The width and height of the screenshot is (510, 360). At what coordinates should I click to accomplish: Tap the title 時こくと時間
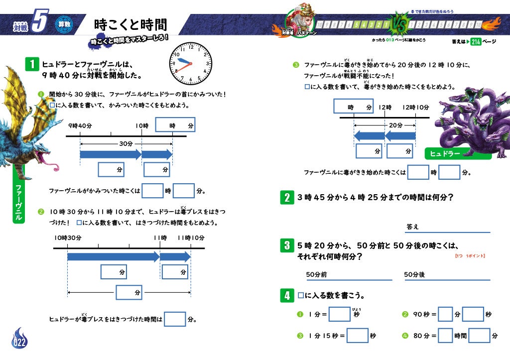[x=130, y=25]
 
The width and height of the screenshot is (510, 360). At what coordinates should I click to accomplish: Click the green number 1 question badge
[x=32, y=64]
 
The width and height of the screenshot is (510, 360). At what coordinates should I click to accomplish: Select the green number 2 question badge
[x=286, y=198]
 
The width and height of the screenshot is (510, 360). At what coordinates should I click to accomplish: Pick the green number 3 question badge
[x=286, y=245]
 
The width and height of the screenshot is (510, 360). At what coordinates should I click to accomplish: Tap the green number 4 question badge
[x=286, y=296]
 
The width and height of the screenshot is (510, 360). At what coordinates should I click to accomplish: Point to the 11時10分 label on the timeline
[x=191, y=238]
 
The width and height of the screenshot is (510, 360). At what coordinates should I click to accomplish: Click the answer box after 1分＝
[x=340, y=314]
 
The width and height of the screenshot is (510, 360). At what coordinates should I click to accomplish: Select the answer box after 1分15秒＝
[x=357, y=336]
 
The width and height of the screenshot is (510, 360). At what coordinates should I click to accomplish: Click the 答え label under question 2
[x=412, y=227]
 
